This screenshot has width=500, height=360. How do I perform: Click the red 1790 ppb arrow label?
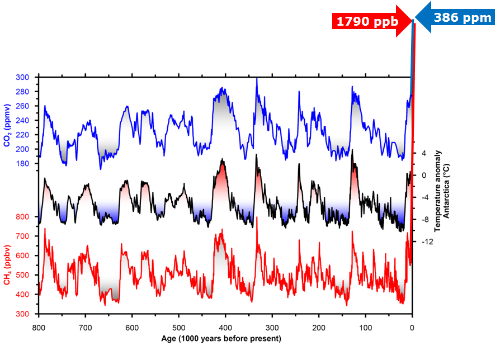click(x=366, y=22)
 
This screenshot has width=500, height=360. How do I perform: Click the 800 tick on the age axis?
click(x=39, y=328)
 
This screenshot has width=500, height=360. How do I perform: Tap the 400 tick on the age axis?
click(x=225, y=328)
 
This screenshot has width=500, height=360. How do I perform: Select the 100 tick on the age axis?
click(x=365, y=328)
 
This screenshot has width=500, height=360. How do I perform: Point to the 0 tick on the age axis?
click(x=412, y=328)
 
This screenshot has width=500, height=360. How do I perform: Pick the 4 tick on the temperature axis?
click(x=423, y=153)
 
